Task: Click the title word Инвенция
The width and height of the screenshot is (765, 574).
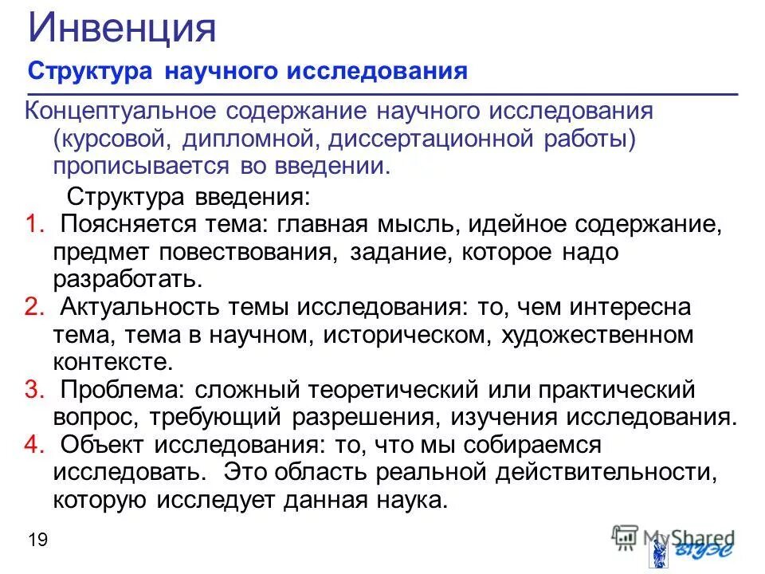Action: pyautogui.click(x=122, y=29)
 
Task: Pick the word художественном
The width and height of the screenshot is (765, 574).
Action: pyautogui.click(x=597, y=335)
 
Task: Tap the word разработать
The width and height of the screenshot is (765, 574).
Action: pyautogui.click(x=124, y=280)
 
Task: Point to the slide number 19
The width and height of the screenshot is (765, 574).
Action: pyautogui.click(x=37, y=540)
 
